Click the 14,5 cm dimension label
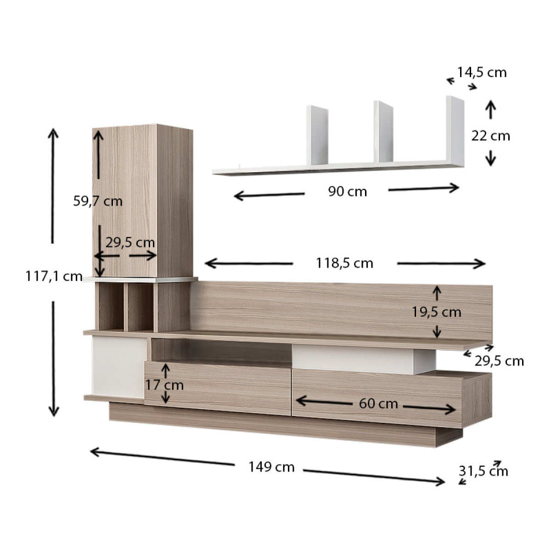(482, 73)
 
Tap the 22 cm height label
(491, 136)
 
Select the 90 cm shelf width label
(348, 191)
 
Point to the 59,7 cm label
(98, 201)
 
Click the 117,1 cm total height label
(54, 276)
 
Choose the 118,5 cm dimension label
(344, 263)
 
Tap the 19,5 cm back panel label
(437, 312)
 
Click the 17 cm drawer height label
(164, 385)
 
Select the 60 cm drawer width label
(378, 404)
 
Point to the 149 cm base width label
(271, 467)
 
